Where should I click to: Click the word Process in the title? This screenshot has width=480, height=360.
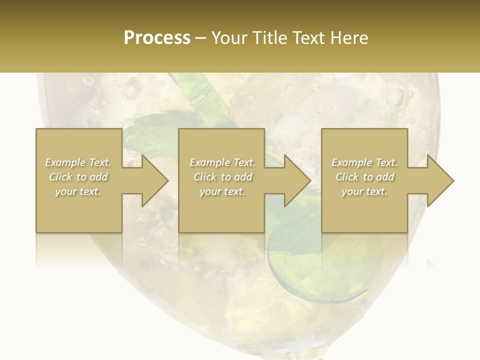(x=157, y=38)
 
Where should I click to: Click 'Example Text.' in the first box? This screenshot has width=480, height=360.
(x=78, y=162)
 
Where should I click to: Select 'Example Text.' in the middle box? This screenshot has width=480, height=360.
(x=222, y=162)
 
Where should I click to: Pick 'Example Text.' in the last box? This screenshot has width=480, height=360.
(x=364, y=162)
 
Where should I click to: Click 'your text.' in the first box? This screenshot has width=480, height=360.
(x=78, y=191)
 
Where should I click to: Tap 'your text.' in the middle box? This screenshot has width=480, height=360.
(x=222, y=191)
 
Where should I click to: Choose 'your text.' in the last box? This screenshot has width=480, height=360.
(x=364, y=191)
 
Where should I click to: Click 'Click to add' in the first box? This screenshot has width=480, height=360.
(x=78, y=177)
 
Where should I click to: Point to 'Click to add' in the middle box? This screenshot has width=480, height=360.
(x=222, y=177)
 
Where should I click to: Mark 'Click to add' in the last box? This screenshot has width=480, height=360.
(x=364, y=177)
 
